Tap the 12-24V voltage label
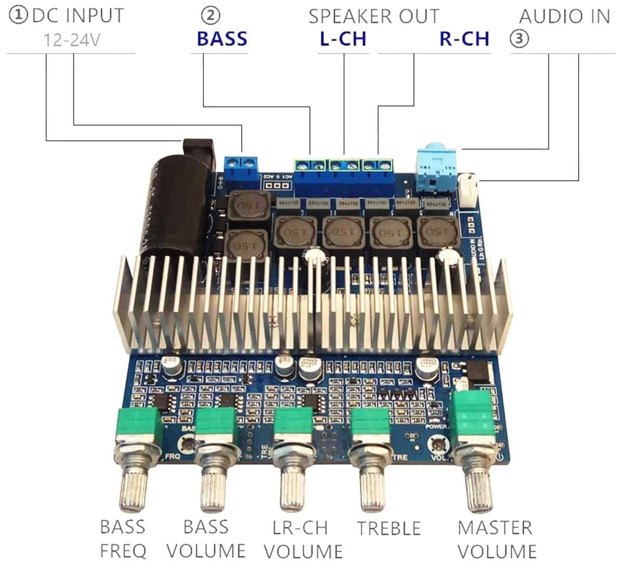tap(71, 39)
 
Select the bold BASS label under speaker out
tap(222, 39)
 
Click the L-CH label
tap(343, 39)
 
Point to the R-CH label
tap(464, 39)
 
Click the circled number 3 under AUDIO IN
tap(519, 38)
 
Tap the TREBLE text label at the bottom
tap(389, 528)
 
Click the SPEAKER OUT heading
tap(373, 16)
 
